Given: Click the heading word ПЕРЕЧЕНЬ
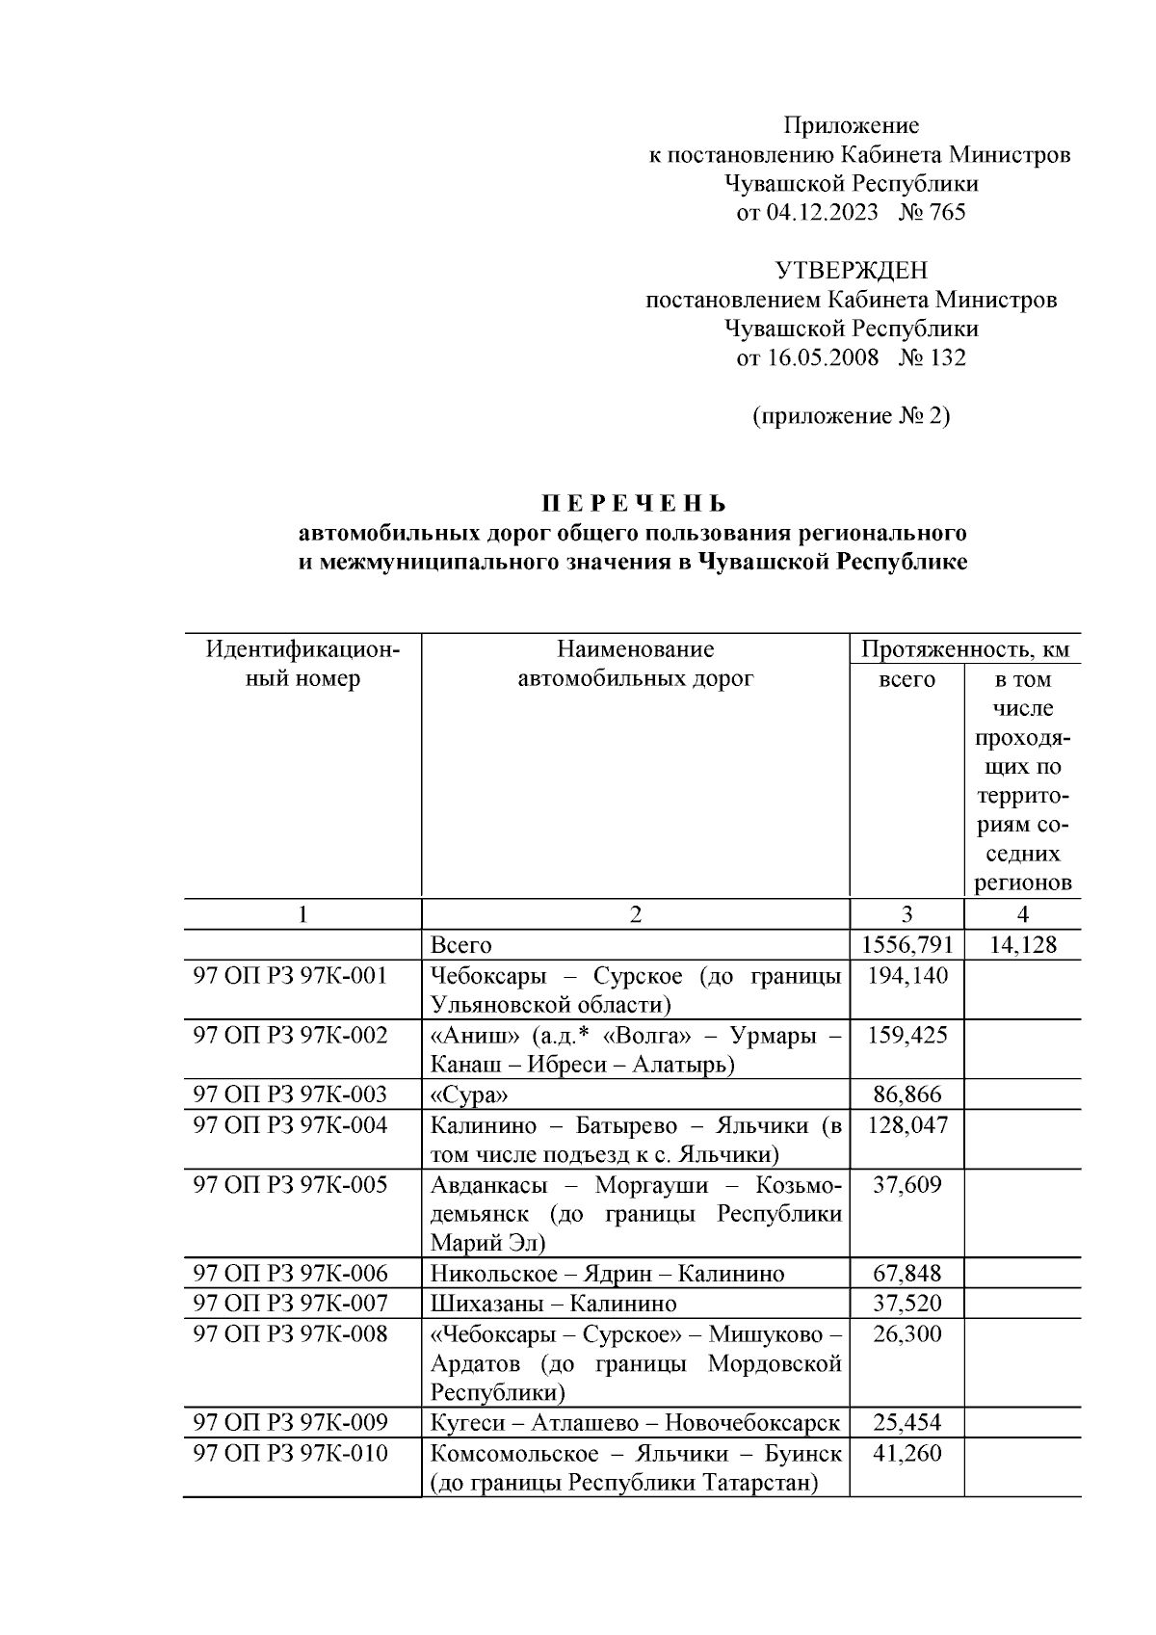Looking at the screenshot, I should (633, 504).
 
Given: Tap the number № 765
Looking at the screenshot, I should (932, 213).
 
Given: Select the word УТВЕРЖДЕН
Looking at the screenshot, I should (852, 271).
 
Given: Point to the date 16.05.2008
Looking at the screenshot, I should (823, 358).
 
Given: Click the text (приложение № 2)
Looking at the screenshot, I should (851, 416).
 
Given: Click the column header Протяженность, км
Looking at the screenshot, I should (965, 649).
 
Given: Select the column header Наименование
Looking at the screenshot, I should (635, 649).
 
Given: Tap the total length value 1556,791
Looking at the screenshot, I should (906, 944).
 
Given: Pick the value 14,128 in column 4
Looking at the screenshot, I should (1022, 944).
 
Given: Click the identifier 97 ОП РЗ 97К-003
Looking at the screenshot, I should (291, 1094).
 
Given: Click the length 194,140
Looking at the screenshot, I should (906, 975).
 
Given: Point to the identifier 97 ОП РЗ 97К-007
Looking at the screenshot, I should (291, 1304).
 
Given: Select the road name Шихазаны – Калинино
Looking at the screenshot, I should (554, 1305).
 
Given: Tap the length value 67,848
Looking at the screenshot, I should (906, 1274).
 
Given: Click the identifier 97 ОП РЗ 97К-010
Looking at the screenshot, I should (291, 1453).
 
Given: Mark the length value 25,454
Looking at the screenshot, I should (906, 1423).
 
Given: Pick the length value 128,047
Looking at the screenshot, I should (906, 1124).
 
